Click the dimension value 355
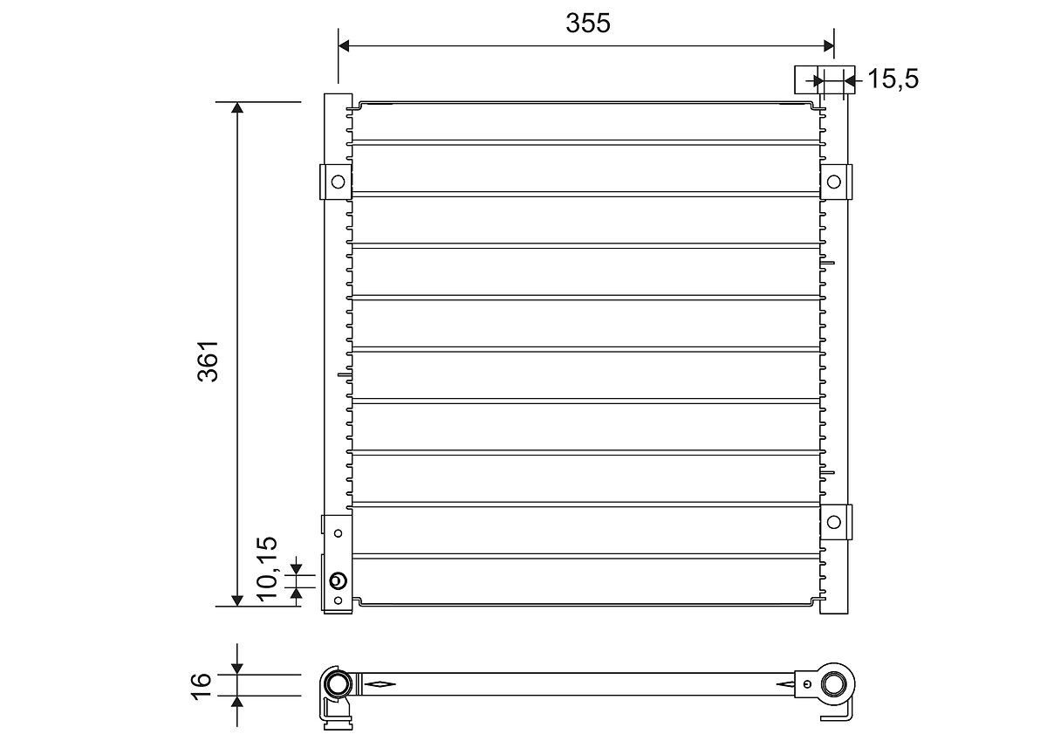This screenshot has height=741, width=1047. [587, 24]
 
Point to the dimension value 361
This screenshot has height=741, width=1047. [209, 360]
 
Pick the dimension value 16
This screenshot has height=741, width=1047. [201, 683]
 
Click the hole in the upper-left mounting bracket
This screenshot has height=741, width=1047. [336, 182]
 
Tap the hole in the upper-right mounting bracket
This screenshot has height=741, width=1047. [834, 182]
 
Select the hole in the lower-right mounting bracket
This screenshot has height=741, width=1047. [834, 521]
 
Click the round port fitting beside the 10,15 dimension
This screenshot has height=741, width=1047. [339, 581]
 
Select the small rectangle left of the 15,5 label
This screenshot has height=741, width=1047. [804, 79]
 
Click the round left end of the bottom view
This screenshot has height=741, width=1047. [336, 683]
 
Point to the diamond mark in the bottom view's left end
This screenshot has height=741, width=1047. [380, 683]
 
